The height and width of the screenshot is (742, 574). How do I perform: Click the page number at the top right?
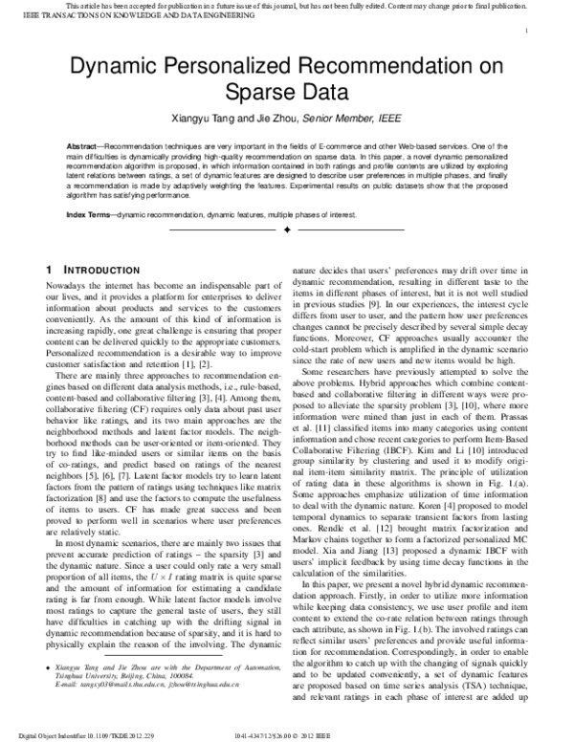(x=527, y=31)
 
